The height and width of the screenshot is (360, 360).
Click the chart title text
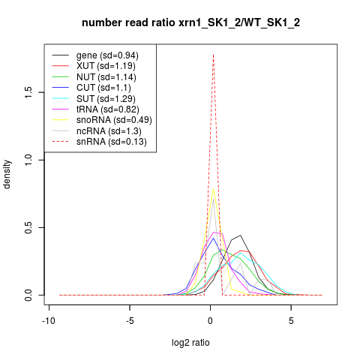pos(190,23)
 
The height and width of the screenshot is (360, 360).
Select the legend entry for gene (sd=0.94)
pos(107,55)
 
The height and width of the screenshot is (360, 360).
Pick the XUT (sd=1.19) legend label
pos(106,66)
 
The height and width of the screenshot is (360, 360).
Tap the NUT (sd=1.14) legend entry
pos(106,77)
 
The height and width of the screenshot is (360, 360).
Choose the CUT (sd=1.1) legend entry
pos(103,88)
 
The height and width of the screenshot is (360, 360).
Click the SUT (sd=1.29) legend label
pos(106,99)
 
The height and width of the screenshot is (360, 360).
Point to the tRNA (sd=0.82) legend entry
pos(108,109)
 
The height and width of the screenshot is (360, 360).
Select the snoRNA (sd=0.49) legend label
pos(114,120)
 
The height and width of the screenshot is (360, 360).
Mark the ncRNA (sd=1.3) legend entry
pos(109,131)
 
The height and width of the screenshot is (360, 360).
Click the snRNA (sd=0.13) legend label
pos(112,142)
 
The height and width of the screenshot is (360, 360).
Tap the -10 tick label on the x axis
pos(49,321)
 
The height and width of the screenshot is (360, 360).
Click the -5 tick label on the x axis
pos(130,321)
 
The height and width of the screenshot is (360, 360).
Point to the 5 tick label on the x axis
pos(291,321)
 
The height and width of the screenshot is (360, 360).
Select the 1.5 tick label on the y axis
pos(28,92)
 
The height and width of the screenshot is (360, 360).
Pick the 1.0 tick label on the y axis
pos(28,160)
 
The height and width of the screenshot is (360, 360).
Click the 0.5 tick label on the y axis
pos(28,227)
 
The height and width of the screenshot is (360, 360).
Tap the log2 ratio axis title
pos(190,343)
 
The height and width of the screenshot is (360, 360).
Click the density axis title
pos(7,174)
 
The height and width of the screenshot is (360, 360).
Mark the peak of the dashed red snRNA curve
pos(213,55)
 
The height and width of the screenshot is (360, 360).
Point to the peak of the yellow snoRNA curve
pos(213,189)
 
